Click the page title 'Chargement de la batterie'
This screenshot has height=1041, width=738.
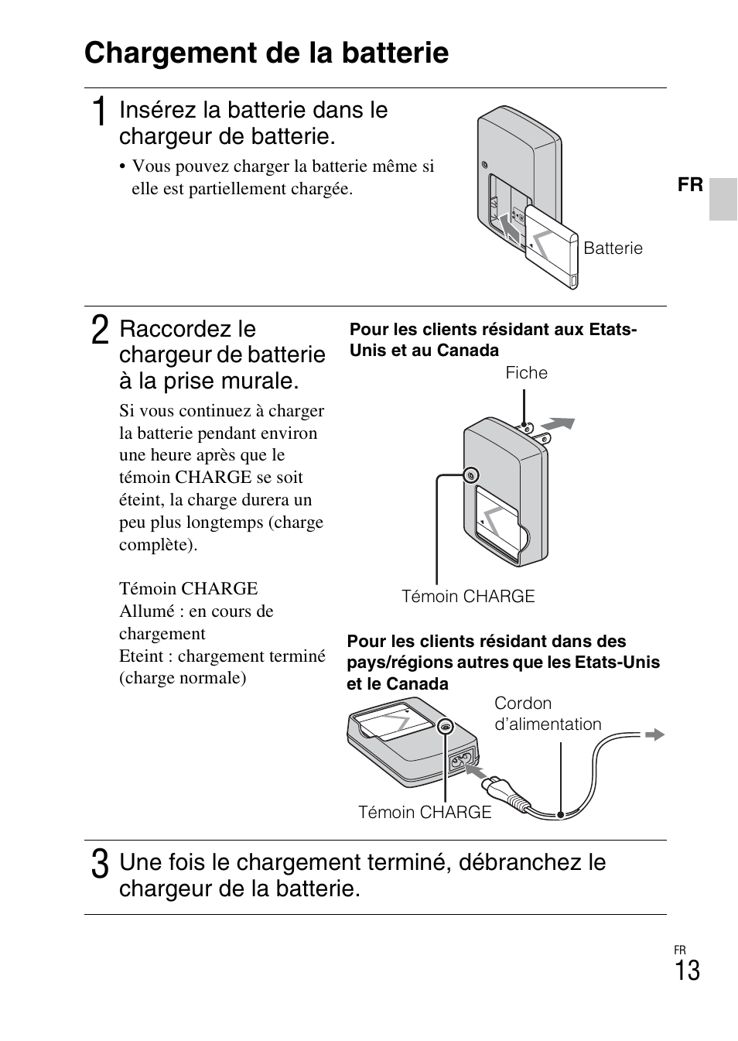click(x=266, y=53)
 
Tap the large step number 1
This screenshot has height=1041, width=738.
click(x=98, y=113)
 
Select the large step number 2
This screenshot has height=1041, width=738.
click(x=99, y=330)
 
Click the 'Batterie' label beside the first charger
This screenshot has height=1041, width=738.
click(x=613, y=248)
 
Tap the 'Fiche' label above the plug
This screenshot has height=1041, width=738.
click(x=526, y=373)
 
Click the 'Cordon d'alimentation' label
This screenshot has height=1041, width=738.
click(x=547, y=714)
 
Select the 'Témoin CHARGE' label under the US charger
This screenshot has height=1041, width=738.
click(x=468, y=596)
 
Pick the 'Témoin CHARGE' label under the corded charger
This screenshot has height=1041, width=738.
click(x=425, y=812)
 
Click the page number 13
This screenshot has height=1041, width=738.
click(x=686, y=971)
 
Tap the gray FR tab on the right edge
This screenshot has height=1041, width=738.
click(x=723, y=199)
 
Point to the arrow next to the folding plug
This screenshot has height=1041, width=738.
click(x=558, y=424)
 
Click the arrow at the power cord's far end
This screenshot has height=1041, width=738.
click(x=654, y=735)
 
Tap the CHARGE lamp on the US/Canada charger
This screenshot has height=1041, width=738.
click(x=470, y=475)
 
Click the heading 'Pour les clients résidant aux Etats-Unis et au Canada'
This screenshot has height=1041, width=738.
click(x=493, y=340)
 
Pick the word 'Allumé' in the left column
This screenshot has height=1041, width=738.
click(x=145, y=611)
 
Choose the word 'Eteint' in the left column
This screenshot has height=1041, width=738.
click(x=141, y=656)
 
